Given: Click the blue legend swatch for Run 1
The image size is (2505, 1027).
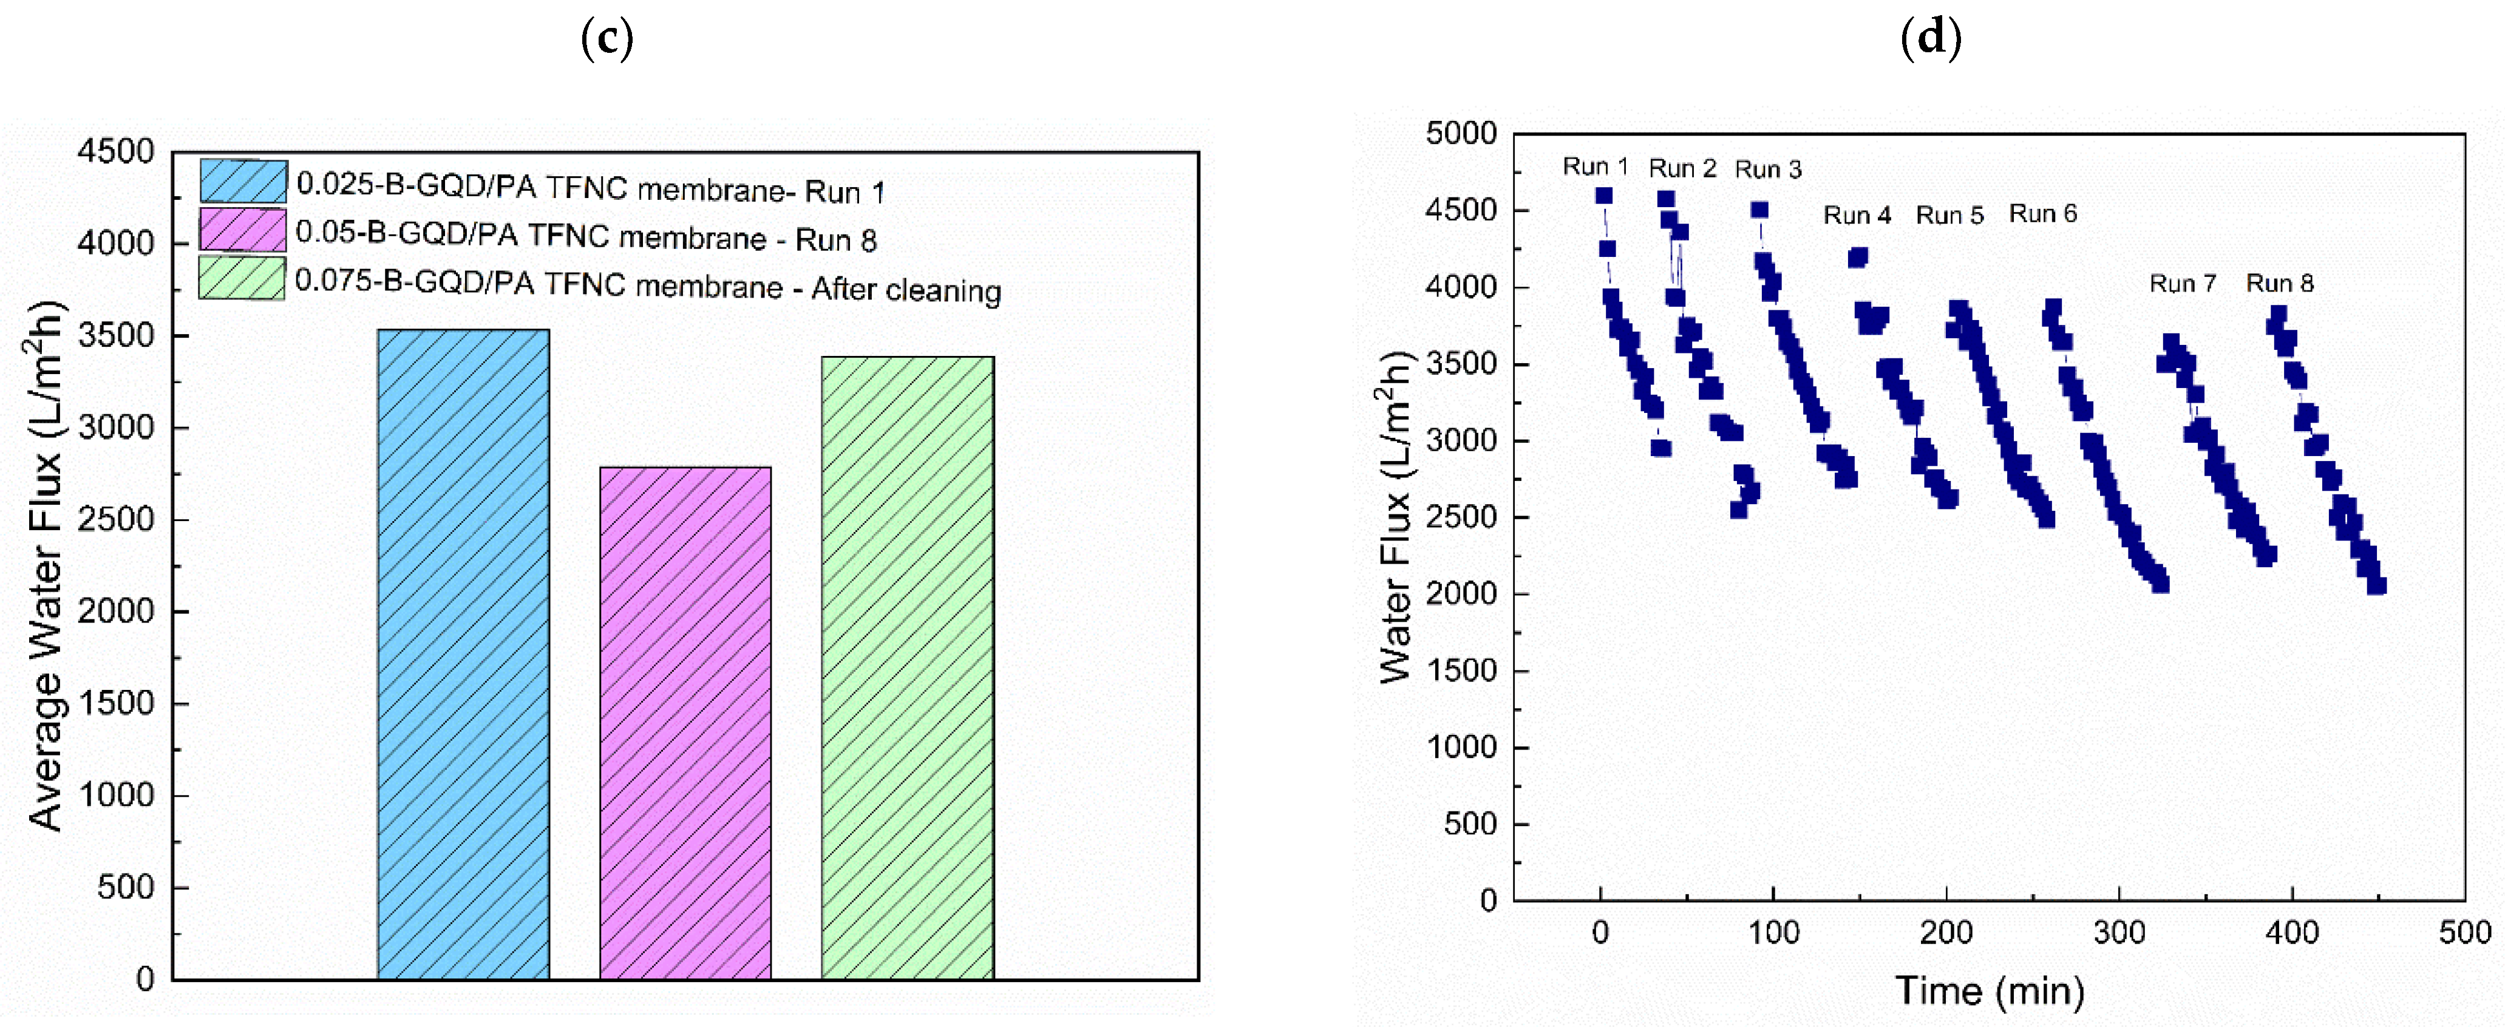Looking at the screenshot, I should pyautogui.click(x=243, y=181).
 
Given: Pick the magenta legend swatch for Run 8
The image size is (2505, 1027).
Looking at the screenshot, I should pyautogui.click(x=242, y=231).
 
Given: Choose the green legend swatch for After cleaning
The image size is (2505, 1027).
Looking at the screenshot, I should pyautogui.click(x=242, y=278).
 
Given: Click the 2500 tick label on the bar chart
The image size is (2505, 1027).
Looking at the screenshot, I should pyautogui.click(x=116, y=519).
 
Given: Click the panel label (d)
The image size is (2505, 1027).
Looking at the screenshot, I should pyautogui.click(x=1930, y=38).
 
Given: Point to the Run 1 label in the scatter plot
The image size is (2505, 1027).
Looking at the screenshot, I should pyautogui.click(x=1595, y=166).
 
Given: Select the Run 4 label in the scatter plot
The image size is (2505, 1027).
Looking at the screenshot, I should pyautogui.click(x=1857, y=215).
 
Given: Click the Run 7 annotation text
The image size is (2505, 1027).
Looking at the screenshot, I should pyautogui.click(x=2182, y=283).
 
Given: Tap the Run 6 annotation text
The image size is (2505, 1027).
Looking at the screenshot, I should pyautogui.click(x=2042, y=214).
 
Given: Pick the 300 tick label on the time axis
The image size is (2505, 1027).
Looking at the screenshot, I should pyautogui.click(x=2119, y=933).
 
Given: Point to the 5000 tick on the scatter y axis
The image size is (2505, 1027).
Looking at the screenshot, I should pyautogui.click(x=1461, y=133).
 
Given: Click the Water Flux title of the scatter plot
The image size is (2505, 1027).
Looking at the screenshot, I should pyautogui.click(x=1395, y=516).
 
